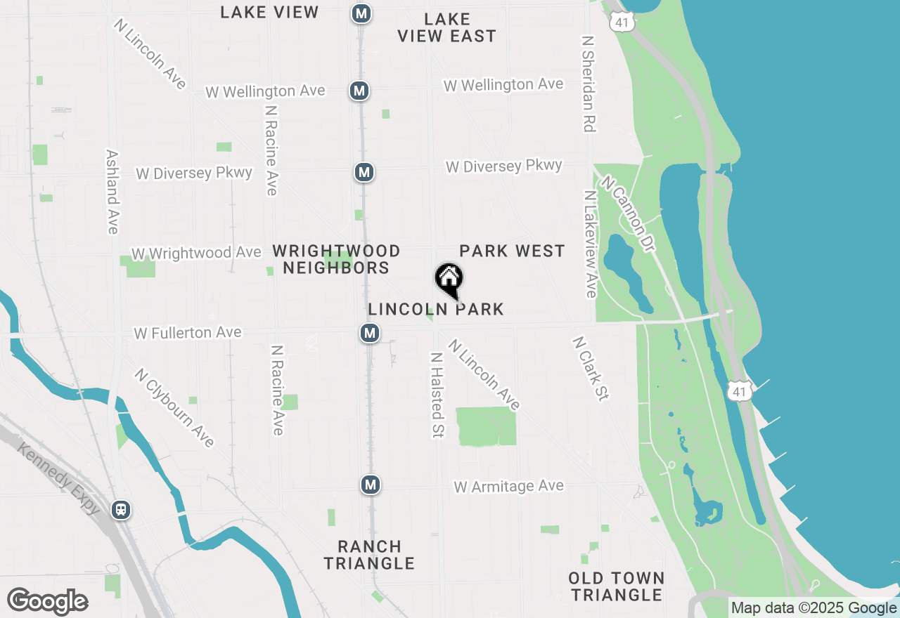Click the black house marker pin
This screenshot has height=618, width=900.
click(449, 279)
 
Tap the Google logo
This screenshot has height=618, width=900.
click(47, 602)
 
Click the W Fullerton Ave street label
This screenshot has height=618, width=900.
click(188, 332)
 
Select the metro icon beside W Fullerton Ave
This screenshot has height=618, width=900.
click(370, 333)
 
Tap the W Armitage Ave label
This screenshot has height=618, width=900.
click(508, 486)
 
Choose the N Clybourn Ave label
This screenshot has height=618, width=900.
click(174, 408)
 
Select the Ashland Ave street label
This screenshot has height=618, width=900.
click(112, 191)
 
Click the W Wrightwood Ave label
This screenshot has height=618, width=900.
click(196, 253)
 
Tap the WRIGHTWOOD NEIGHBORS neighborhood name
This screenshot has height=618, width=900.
click(336, 259)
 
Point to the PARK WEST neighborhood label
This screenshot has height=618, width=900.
click(512, 251)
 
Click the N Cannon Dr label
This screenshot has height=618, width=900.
click(628, 215)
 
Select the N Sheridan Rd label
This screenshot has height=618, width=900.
click(589, 84)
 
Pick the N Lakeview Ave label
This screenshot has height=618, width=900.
click(591, 243)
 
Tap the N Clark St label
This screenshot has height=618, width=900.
click(589, 369)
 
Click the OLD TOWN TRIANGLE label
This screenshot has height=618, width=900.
click(617, 586)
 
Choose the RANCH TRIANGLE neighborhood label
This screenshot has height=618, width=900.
click(370, 555)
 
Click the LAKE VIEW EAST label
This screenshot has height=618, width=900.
click(446, 27)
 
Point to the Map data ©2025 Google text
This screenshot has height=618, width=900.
click(814, 608)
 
